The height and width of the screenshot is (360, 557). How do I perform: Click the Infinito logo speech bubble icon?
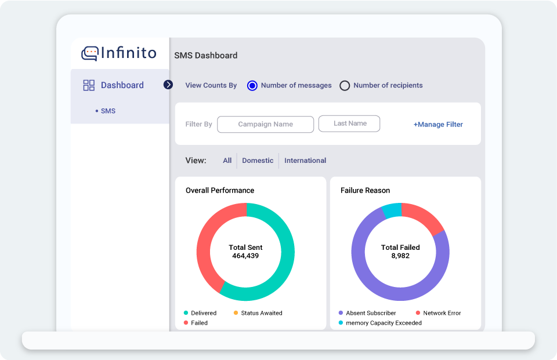pos(89,54)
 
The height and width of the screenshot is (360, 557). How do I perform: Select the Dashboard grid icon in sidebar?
pos(89,85)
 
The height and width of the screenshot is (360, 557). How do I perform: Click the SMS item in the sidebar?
pos(108,111)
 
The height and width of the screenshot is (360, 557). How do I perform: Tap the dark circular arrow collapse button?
pos(168,85)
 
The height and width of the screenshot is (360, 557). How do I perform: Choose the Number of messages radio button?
pos(252,86)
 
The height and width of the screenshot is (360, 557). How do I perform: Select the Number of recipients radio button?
pos(345,86)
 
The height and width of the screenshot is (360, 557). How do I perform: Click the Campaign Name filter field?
pos(265,124)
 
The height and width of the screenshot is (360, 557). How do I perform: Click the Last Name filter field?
pos(350,123)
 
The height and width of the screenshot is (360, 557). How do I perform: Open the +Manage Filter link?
pos(438,124)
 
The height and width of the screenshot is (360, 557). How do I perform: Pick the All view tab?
pos(227,161)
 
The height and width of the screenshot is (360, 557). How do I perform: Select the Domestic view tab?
pos(258,161)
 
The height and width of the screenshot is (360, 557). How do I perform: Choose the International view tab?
pos(305,161)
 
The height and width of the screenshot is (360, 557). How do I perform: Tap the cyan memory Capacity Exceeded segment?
pos(392,210)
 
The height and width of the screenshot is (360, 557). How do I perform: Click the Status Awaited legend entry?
pos(261,313)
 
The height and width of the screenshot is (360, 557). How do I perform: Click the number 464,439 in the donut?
pos(245,256)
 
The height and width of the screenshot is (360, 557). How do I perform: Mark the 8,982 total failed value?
pos(400,256)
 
